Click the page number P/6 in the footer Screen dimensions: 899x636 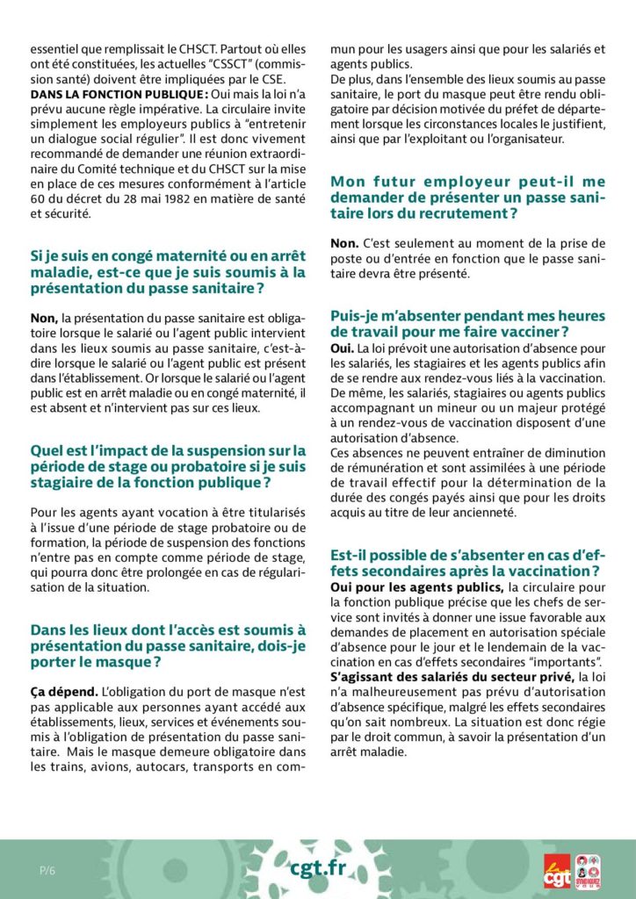47,870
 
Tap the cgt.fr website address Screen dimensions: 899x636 318,868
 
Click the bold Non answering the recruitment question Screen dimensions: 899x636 343,242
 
